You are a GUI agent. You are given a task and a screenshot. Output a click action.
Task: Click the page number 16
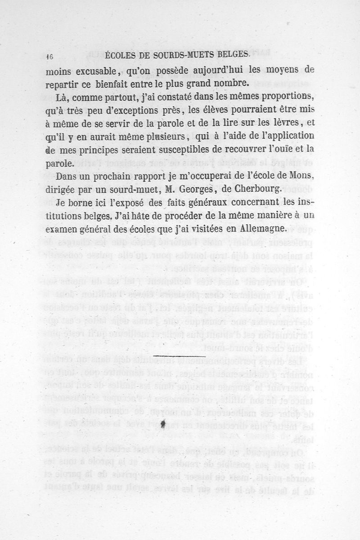pyautogui.click(x=50, y=56)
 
